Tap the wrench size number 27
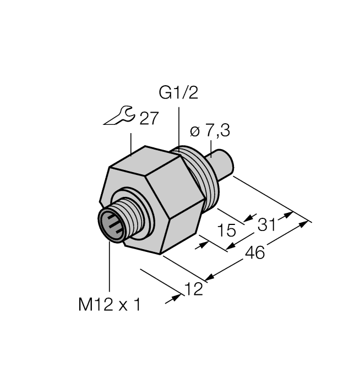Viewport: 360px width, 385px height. tap(149, 119)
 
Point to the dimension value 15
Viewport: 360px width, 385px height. tap(227, 230)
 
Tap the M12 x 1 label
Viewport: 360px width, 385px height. tap(110, 305)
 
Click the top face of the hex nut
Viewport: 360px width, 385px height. tap(146, 159)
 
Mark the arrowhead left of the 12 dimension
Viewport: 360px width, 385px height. tap(177, 297)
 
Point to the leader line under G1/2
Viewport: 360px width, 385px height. tap(179, 127)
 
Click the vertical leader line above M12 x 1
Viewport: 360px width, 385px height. tap(110, 269)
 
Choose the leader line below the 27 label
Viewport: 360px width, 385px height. tap(130, 144)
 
